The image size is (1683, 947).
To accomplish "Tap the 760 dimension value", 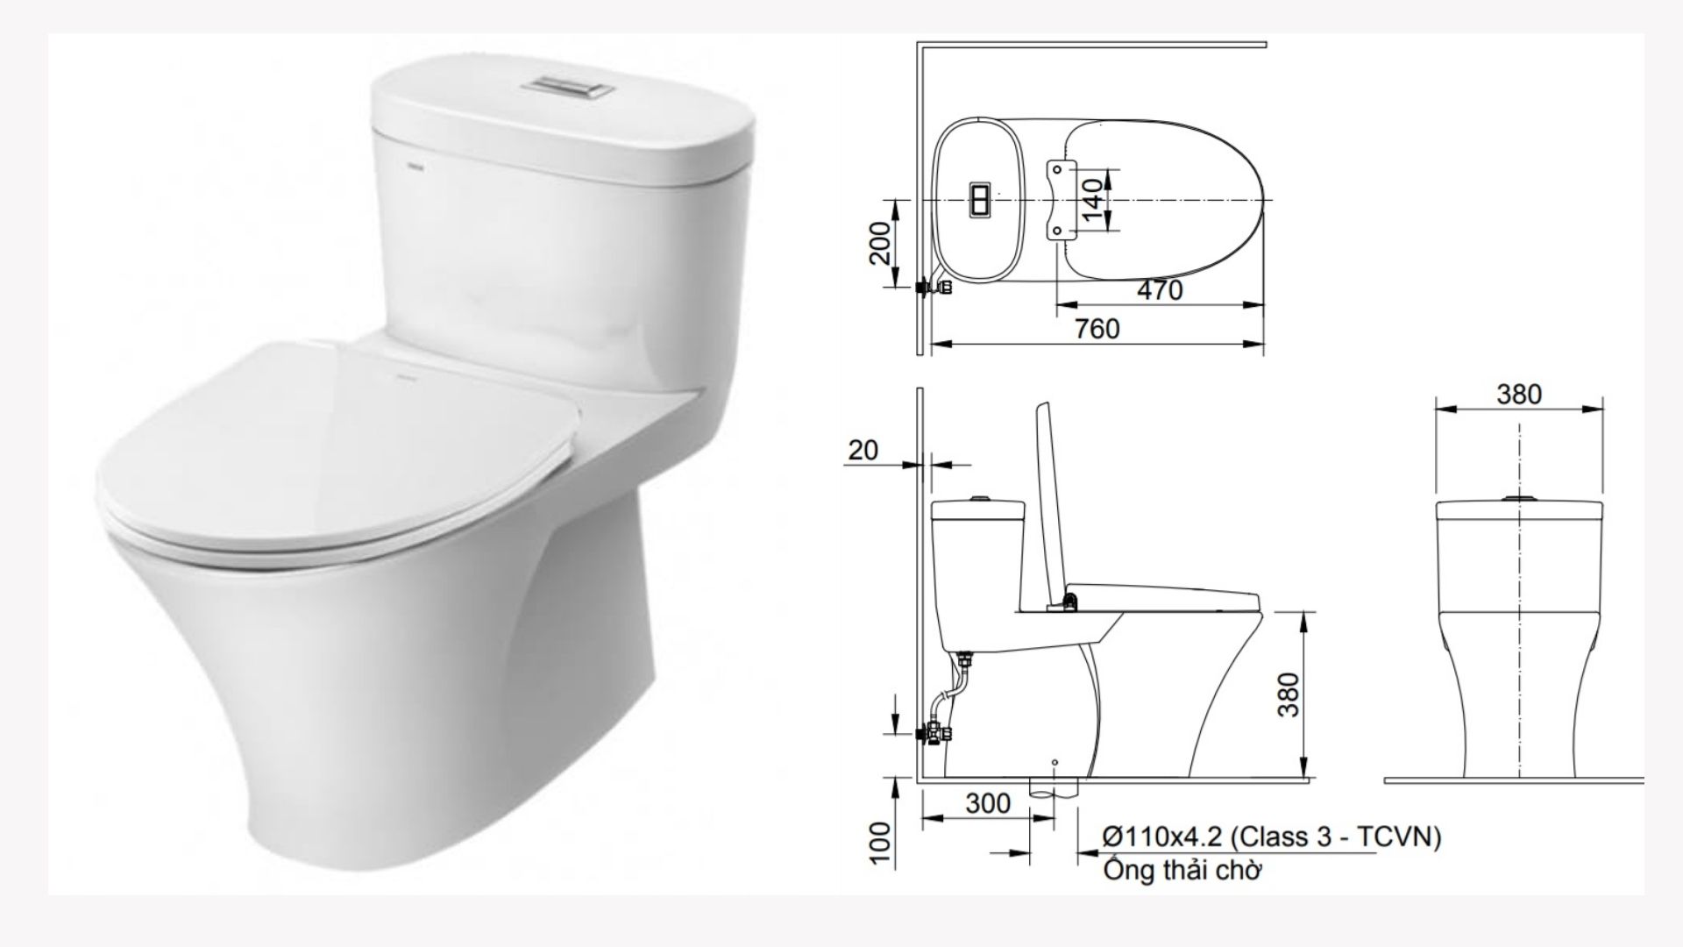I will (x=1097, y=329).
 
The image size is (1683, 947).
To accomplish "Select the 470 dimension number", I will (x=1159, y=290).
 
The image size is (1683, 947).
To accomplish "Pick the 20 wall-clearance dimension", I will (x=863, y=450).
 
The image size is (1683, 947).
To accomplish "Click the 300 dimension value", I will (x=987, y=803).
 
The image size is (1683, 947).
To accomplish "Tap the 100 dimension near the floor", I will (x=881, y=843).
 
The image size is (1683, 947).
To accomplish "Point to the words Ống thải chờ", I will (x=1182, y=872).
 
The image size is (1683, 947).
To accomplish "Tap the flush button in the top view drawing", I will (x=978, y=200).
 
